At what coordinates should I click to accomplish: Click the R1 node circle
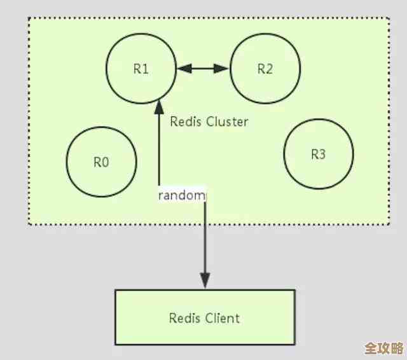141,69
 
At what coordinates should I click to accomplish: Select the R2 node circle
265,69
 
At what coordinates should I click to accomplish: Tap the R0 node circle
102,161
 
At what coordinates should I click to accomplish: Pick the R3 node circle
318,155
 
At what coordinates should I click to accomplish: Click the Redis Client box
205,317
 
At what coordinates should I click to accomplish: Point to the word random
182,195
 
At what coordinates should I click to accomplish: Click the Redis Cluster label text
209,121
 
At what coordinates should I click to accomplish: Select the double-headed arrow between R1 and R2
203,68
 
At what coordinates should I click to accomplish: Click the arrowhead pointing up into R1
159,106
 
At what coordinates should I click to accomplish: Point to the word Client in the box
223,317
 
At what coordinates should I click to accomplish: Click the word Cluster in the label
226,121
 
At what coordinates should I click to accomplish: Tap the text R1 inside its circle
141,69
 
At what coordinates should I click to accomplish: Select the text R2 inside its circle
265,69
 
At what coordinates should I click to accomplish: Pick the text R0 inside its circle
102,162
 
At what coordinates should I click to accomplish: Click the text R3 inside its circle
318,155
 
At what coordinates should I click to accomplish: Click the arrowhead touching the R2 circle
223,68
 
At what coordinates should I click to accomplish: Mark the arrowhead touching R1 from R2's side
183,68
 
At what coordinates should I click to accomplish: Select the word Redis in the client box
184,317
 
